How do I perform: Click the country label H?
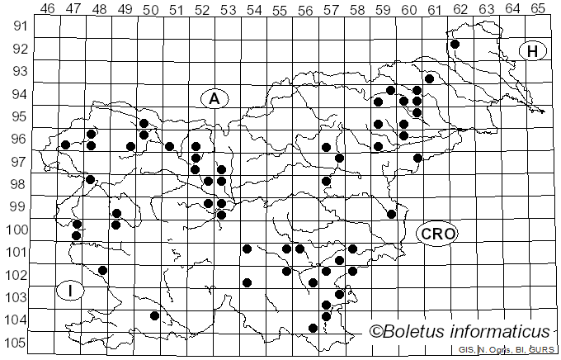tap(533, 51)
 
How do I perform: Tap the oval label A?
tap(214, 98)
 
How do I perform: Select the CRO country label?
tap(436, 234)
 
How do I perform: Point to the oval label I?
tap(71, 290)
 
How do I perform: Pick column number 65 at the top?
tap(538, 9)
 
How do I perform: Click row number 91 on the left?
tap(20, 26)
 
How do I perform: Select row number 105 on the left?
tap(17, 343)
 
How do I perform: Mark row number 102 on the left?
tap(17, 275)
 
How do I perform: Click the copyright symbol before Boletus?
tap(376, 332)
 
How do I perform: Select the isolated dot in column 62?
tap(455, 44)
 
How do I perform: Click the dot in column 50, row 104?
tap(154, 315)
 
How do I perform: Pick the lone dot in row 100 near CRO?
tap(392, 214)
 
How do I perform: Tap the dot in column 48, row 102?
tap(103, 270)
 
